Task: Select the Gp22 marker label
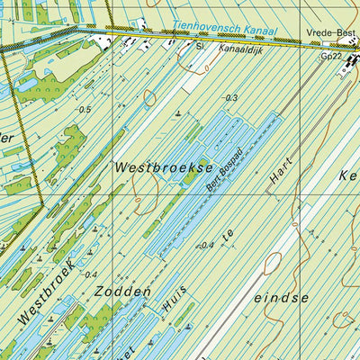331,56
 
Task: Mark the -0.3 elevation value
231,98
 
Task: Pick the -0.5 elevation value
85,109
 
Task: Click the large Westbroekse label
164,167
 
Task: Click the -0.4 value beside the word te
208,245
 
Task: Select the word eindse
282,296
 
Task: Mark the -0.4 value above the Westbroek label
89,274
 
